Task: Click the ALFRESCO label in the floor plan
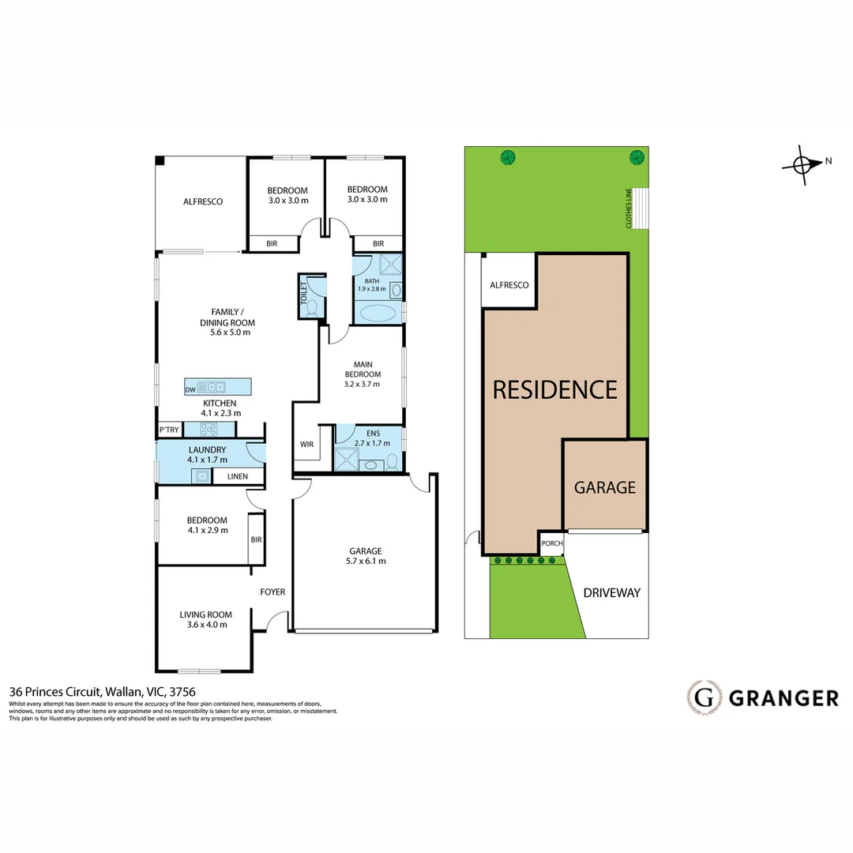point(203,201)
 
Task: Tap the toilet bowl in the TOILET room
point(312,307)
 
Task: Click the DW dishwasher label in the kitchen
point(190,389)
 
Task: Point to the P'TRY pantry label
point(168,430)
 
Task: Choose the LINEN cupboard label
point(237,476)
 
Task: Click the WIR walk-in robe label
point(306,445)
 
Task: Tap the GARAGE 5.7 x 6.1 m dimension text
point(366,562)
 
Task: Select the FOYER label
point(272,592)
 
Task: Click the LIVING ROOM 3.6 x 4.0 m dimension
point(205,625)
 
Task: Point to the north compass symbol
point(803,164)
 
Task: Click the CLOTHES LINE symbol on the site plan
point(641,208)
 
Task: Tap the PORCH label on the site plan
point(551,543)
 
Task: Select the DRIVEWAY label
point(611,592)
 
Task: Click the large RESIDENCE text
point(555,389)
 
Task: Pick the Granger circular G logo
point(705,697)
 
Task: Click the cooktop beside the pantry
point(209,430)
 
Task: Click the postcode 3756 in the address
point(182,692)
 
